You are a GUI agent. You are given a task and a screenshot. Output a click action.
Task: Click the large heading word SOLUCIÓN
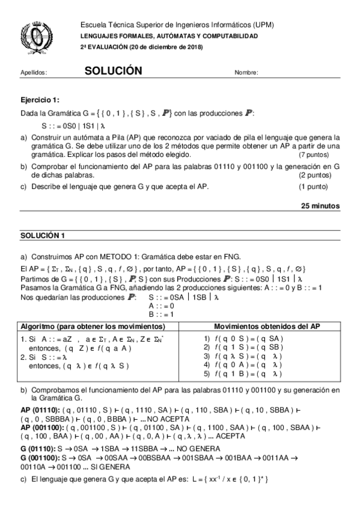pyautogui.click(x=113, y=71)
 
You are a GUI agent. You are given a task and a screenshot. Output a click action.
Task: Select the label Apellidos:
pyautogui.click(x=34, y=73)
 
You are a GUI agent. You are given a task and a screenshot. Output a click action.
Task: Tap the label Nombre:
pyautogui.click(x=246, y=73)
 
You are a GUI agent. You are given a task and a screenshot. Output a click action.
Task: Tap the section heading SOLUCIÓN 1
pyautogui.click(x=41, y=235)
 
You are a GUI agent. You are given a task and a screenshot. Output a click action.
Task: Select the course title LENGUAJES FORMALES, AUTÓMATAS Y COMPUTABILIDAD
pyautogui.click(x=169, y=36)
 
